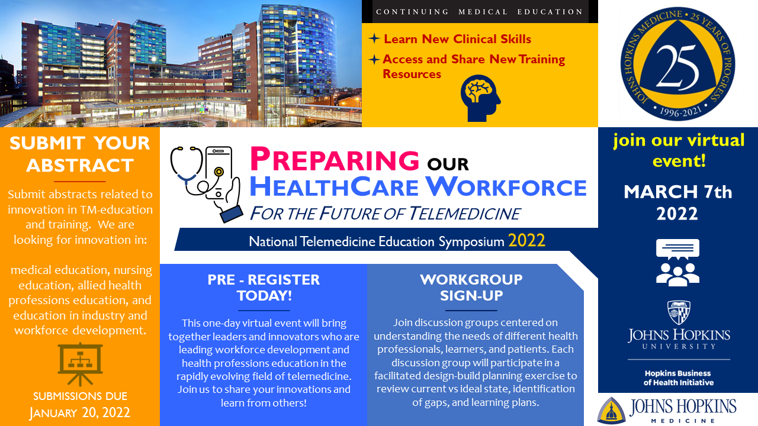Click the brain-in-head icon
coord(480,98)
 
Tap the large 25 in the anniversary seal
coord(677,67)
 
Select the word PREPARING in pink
coord(335,159)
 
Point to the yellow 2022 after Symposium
coord(526,241)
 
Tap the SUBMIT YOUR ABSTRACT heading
coord(80,154)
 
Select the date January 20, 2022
coord(80,412)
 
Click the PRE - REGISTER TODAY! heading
coord(264,288)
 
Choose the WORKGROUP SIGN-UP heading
coord(471,288)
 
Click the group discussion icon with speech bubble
coord(677,262)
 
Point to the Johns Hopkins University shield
coord(679,313)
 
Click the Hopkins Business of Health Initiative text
coord(679,378)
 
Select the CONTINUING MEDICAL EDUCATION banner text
coord(479,12)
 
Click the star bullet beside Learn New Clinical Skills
coord(374,38)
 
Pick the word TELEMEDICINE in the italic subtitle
coord(465,214)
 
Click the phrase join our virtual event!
coord(679,151)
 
